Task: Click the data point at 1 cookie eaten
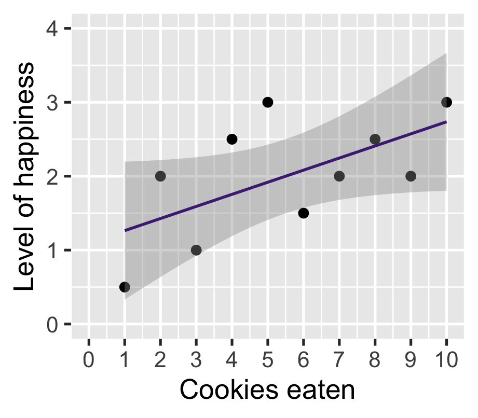tap(125, 287)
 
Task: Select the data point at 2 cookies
tap(160, 176)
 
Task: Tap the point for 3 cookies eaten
tap(196, 250)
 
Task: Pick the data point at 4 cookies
tap(232, 139)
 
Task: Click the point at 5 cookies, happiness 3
tap(268, 102)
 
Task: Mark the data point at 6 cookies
tap(304, 213)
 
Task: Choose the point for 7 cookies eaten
tap(339, 176)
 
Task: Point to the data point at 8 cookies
tap(375, 139)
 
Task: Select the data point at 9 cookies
tap(411, 176)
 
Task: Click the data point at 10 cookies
tap(446, 102)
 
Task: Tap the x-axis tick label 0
tap(89, 359)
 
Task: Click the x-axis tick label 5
tap(268, 359)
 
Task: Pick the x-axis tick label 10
tap(446, 359)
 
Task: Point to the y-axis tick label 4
tap(51, 29)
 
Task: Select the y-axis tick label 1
tap(51, 250)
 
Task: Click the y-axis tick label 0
tap(51, 325)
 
